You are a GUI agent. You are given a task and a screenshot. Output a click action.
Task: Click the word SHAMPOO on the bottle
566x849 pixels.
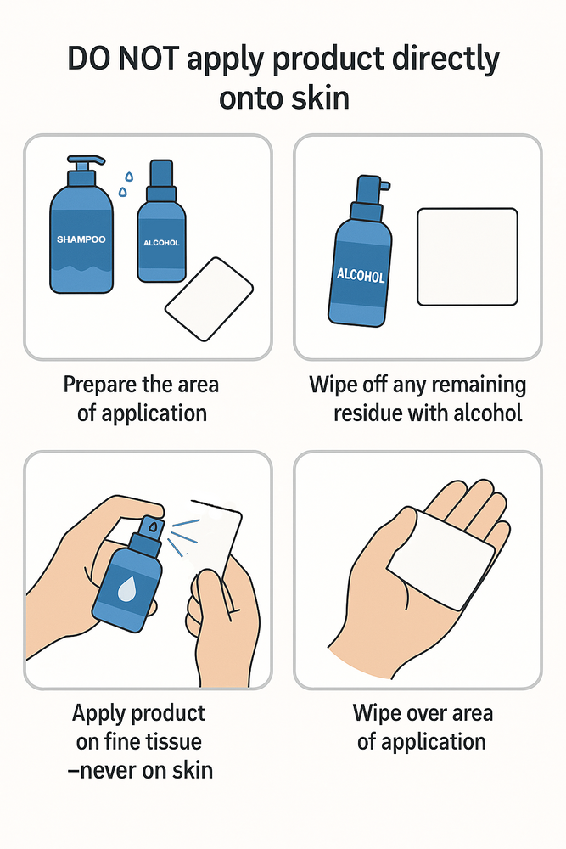click(x=81, y=239)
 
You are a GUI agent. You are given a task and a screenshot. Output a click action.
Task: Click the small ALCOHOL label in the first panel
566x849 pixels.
click(x=161, y=243)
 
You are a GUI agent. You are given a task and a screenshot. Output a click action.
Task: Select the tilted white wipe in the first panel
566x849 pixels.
click(x=209, y=299)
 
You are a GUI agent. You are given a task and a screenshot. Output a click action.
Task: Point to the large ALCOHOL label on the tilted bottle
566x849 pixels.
click(x=361, y=275)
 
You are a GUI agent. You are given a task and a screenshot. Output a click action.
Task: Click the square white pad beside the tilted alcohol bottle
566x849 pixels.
click(x=468, y=256)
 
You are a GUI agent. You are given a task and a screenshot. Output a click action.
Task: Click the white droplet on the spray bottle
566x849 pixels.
click(x=126, y=588)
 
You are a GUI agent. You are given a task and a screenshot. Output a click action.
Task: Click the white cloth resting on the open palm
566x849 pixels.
click(x=441, y=559)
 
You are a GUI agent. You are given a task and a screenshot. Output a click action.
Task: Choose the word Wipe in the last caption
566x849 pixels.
click(x=375, y=714)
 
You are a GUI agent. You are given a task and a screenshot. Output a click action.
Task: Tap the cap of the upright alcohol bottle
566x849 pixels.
click(x=161, y=173)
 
